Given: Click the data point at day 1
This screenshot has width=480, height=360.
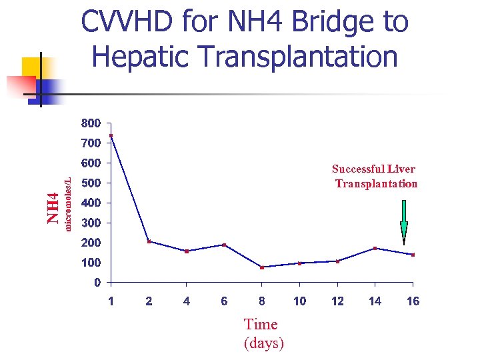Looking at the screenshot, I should (111, 136).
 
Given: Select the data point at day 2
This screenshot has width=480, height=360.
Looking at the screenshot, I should (149, 241).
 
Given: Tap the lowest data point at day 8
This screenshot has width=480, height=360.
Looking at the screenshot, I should (262, 267).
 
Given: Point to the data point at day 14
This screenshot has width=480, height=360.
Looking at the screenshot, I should (375, 248).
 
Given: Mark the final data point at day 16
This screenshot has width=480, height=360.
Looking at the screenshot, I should (413, 255).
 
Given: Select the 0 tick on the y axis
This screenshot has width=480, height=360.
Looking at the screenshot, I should (97, 283).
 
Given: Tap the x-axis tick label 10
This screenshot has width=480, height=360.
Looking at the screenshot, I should (300, 301).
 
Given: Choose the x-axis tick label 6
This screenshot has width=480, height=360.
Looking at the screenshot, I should (224, 301).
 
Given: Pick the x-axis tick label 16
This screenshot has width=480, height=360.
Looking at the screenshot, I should (413, 301).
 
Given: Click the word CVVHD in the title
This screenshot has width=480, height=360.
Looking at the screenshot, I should (127, 23).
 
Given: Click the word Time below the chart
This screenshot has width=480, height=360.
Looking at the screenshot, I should (261, 325).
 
